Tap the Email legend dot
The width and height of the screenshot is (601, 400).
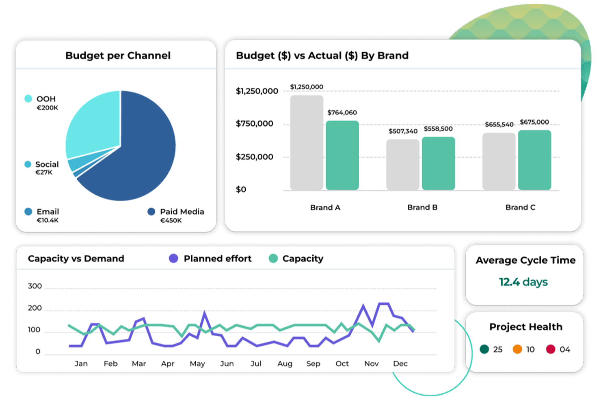(28, 211)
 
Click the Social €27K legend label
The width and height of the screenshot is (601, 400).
(46, 168)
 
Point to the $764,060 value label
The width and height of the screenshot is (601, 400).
(342, 112)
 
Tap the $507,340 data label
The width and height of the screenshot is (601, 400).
(403, 131)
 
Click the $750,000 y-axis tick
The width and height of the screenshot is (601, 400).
(255, 124)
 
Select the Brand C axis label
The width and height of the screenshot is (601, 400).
(520, 207)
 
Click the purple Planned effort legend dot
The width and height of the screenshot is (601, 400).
(174, 258)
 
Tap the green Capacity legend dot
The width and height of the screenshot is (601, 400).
(273, 258)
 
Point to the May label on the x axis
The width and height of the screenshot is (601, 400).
(197, 363)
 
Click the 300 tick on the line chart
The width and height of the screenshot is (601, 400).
(35, 286)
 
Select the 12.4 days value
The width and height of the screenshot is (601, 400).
(523, 282)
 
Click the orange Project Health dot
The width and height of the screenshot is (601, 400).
(517, 349)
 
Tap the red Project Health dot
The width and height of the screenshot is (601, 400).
(551, 349)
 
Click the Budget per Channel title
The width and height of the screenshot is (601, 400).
(118, 56)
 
